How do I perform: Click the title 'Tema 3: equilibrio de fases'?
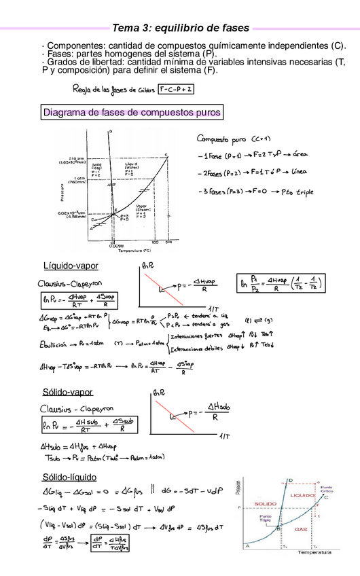(x=180, y=28)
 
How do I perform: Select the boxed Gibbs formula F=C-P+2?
(x=177, y=89)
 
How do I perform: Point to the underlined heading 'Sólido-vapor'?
(x=68, y=392)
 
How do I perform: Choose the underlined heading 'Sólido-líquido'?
(x=69, y=476)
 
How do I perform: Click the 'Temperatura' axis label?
(x=312, y=553)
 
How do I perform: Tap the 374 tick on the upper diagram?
(x=168, y=241)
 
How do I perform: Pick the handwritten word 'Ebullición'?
(x=51, y=343)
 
